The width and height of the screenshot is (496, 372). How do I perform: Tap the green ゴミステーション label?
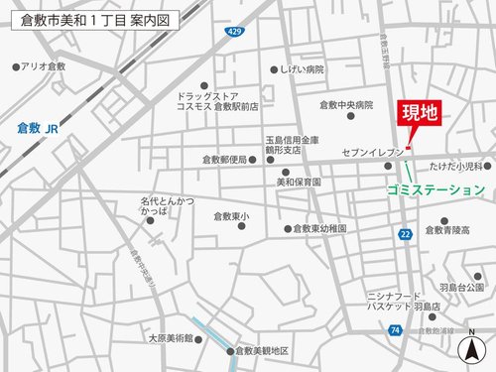(x=437, y=189)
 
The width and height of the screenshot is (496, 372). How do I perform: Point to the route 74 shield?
(x=396, y=328)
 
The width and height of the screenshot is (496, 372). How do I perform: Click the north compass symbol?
(x=465, y=348)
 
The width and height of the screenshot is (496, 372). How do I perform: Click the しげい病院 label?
(x=302, y=69)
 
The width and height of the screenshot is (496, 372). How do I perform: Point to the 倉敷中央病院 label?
(x=346, y=104)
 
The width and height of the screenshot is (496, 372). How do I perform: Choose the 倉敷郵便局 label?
(x=224, y=160)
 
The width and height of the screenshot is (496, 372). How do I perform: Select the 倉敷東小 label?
(x=231, y=215)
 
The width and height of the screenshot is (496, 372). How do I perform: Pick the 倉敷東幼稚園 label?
(x=320, y=228)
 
